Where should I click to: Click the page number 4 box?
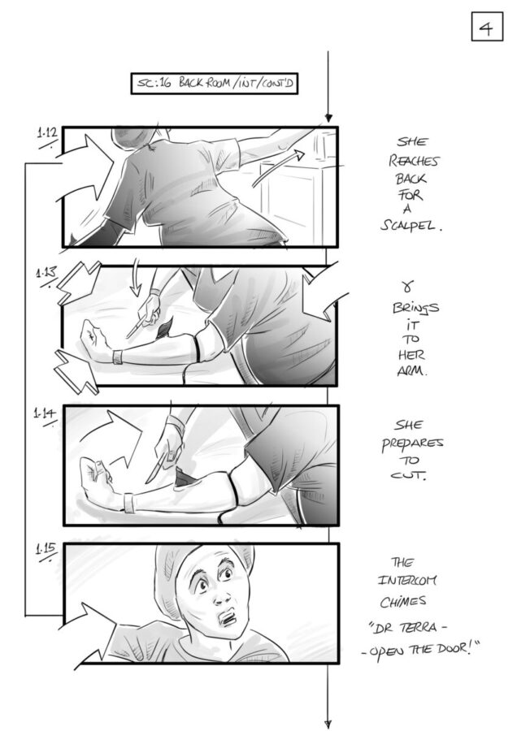(x=487, y=27)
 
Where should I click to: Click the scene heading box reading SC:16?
(x=214, y=84)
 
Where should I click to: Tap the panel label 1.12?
(x=47, y=134)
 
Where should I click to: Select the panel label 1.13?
(x=46, y=273)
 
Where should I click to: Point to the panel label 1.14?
(x=45, y=413)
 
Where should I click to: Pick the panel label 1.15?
(x=46, y=549)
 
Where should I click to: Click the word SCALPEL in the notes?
(x=410, y=226)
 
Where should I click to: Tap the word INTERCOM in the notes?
(x=407, y=581)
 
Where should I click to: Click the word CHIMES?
(x=402, y=601)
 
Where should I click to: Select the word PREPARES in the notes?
(x=412, y=443)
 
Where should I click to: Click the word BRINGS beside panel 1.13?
(x=415, y=308)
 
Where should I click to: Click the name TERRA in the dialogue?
(x=418, y=628)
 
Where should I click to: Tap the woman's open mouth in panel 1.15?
(x=228, y=618)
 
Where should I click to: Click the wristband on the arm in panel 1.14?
(x=129, y=502)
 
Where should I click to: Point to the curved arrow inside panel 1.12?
(x=278, y=168)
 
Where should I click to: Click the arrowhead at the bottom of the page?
(x=328, y=724)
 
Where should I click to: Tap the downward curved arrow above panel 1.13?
(x=136, y=277)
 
